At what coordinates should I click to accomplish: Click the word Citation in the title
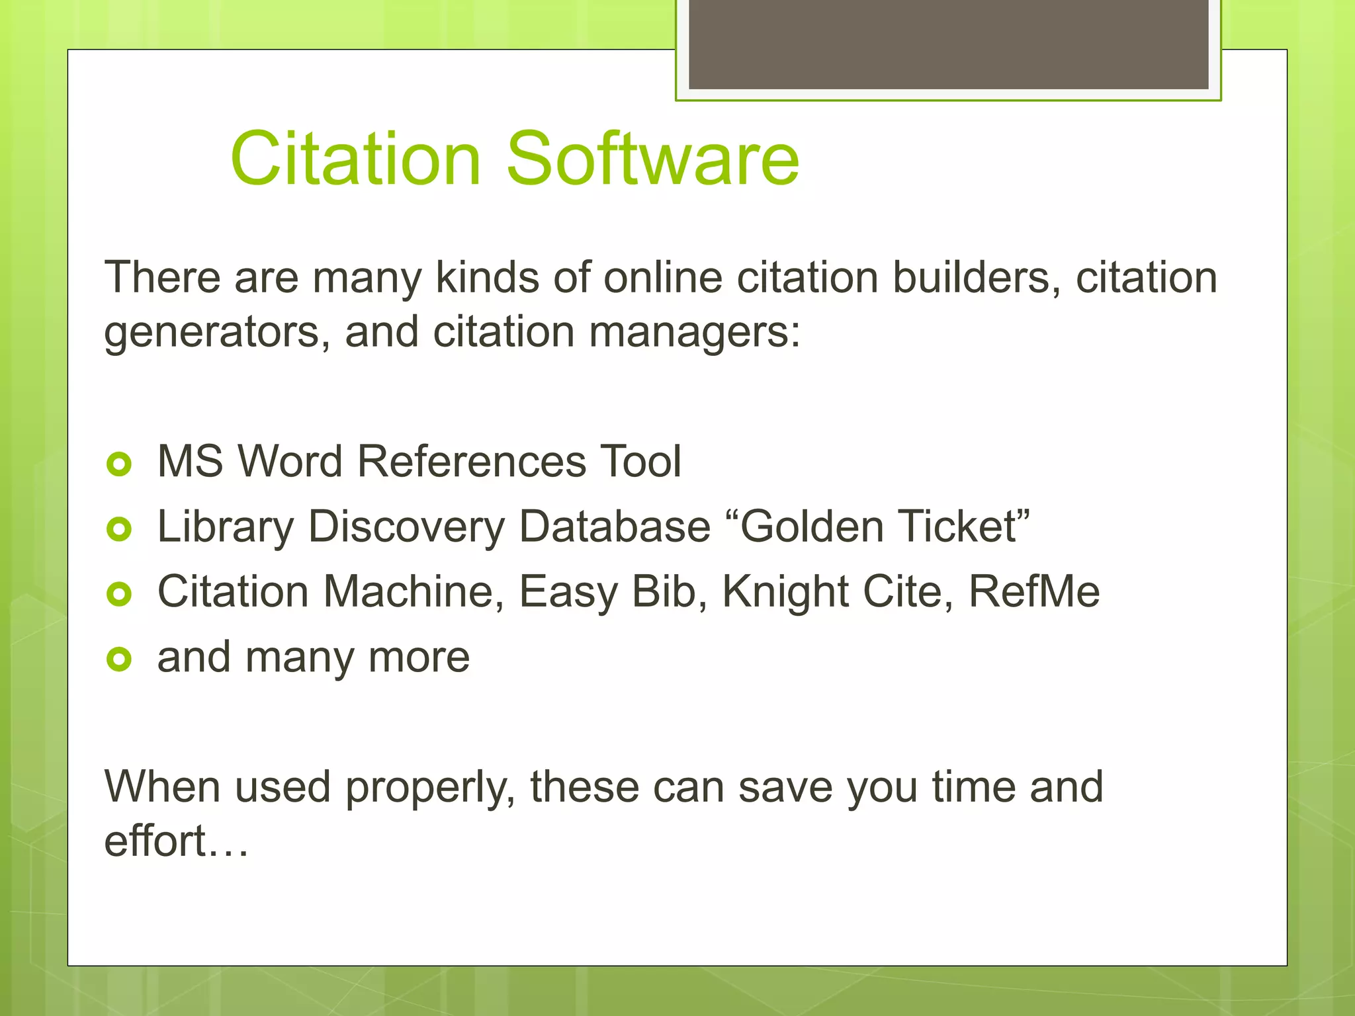pos(356,159)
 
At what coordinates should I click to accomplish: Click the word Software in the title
pos(653,159)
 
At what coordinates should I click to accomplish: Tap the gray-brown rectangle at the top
pos(948,44)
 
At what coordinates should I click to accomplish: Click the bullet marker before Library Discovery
pos(119,529)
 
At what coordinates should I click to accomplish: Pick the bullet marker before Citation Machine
pos(119,594)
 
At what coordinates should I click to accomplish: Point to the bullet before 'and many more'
pos(119,659)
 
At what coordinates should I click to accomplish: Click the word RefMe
pos(1034,591)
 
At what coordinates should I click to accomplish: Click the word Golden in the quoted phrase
pos(810,527)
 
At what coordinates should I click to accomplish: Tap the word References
pos(472,461)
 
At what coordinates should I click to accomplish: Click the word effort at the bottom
pos(155,841)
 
